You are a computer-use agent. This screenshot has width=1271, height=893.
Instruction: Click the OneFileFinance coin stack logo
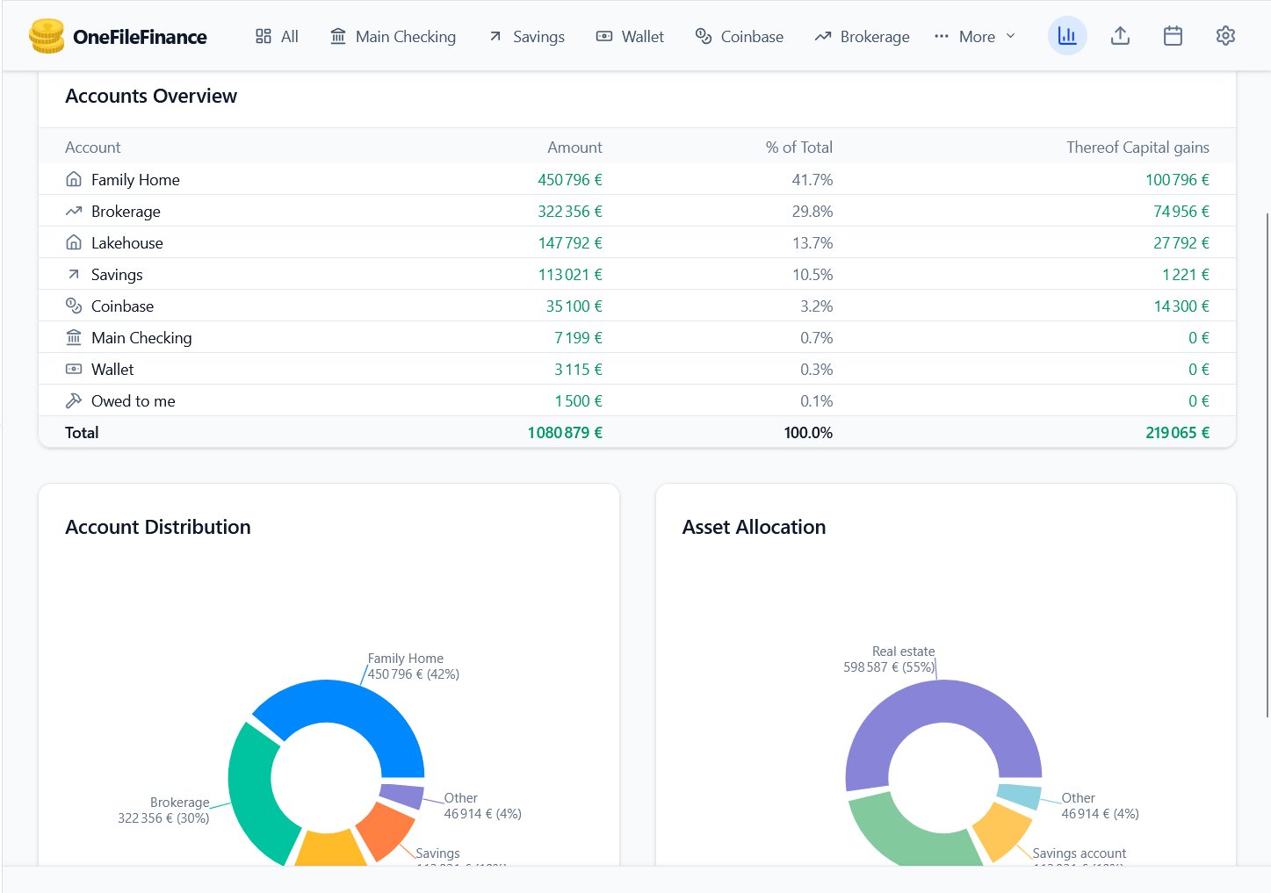pyautogui.click(x=47, y=36)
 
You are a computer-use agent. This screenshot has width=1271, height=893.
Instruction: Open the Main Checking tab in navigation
pyautogui.click(x=393, y=36)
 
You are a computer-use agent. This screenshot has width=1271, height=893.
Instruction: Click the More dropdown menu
pyautogui.click(x=975, y=36)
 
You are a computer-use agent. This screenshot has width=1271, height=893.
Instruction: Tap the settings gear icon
pyautogui.click(x=1225, y=36)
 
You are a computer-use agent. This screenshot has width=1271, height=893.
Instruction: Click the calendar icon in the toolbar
pyautogui.click(x=1173, y=36)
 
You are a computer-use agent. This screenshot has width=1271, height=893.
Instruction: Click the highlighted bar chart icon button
pyautogui.click(x=1067, y=36)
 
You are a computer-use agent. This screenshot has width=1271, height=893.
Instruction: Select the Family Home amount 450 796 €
pyautogui.click(x=569, y=180)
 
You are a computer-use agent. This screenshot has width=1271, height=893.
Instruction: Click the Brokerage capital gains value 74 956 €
pyautogui.click(x=1181, y=212)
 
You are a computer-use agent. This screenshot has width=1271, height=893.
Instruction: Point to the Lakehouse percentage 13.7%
pyautogui.click(x=812, y=243)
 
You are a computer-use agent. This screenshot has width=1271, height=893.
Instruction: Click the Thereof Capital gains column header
pyautogui.click(x=1137, y=148)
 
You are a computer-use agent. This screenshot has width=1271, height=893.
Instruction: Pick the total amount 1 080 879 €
pyautogui.click(x=564, y=433)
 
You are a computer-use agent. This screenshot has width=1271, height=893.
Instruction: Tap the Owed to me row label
pyautogui.click(x=133, y=401)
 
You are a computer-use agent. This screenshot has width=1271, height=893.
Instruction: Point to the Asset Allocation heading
pyautogui.click(x=754, y=527)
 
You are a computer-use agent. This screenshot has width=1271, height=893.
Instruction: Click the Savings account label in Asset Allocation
pyautogui.click(x=1079, y=853)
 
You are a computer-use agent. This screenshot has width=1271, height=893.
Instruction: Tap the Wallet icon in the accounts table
pyautogui.click(x=74, y=370)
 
